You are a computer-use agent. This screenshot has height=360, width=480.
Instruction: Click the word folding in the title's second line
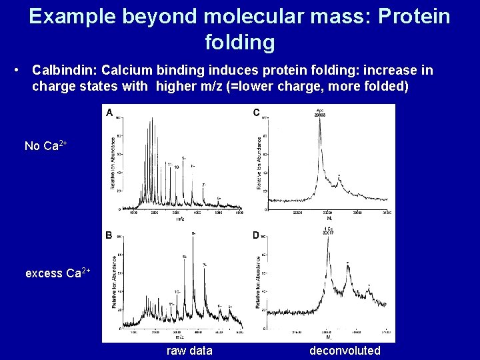tap(239, 42)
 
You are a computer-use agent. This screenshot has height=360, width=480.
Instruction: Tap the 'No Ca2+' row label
tap(45, 145)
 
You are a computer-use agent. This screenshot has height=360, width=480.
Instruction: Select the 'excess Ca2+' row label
tap(57, 273)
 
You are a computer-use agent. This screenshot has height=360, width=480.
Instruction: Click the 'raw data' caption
tap(189, 351)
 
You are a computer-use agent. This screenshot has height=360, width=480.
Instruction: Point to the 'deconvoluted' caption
tap(345, 351)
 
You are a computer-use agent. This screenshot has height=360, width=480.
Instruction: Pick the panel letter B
tap(109, 235)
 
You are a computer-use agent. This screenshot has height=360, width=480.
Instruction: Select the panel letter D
tap(257, 235)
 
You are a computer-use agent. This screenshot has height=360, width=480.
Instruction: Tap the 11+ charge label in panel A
tap(170, 163)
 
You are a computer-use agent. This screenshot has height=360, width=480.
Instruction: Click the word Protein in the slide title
tap(413, 16)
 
